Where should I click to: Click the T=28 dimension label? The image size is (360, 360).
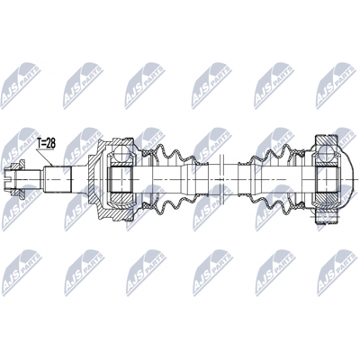pos(46,143)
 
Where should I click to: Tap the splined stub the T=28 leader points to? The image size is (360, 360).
pos(58,179)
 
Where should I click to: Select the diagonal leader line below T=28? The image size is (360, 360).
pos(44,157)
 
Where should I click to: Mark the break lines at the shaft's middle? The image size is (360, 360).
pos(221,179)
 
